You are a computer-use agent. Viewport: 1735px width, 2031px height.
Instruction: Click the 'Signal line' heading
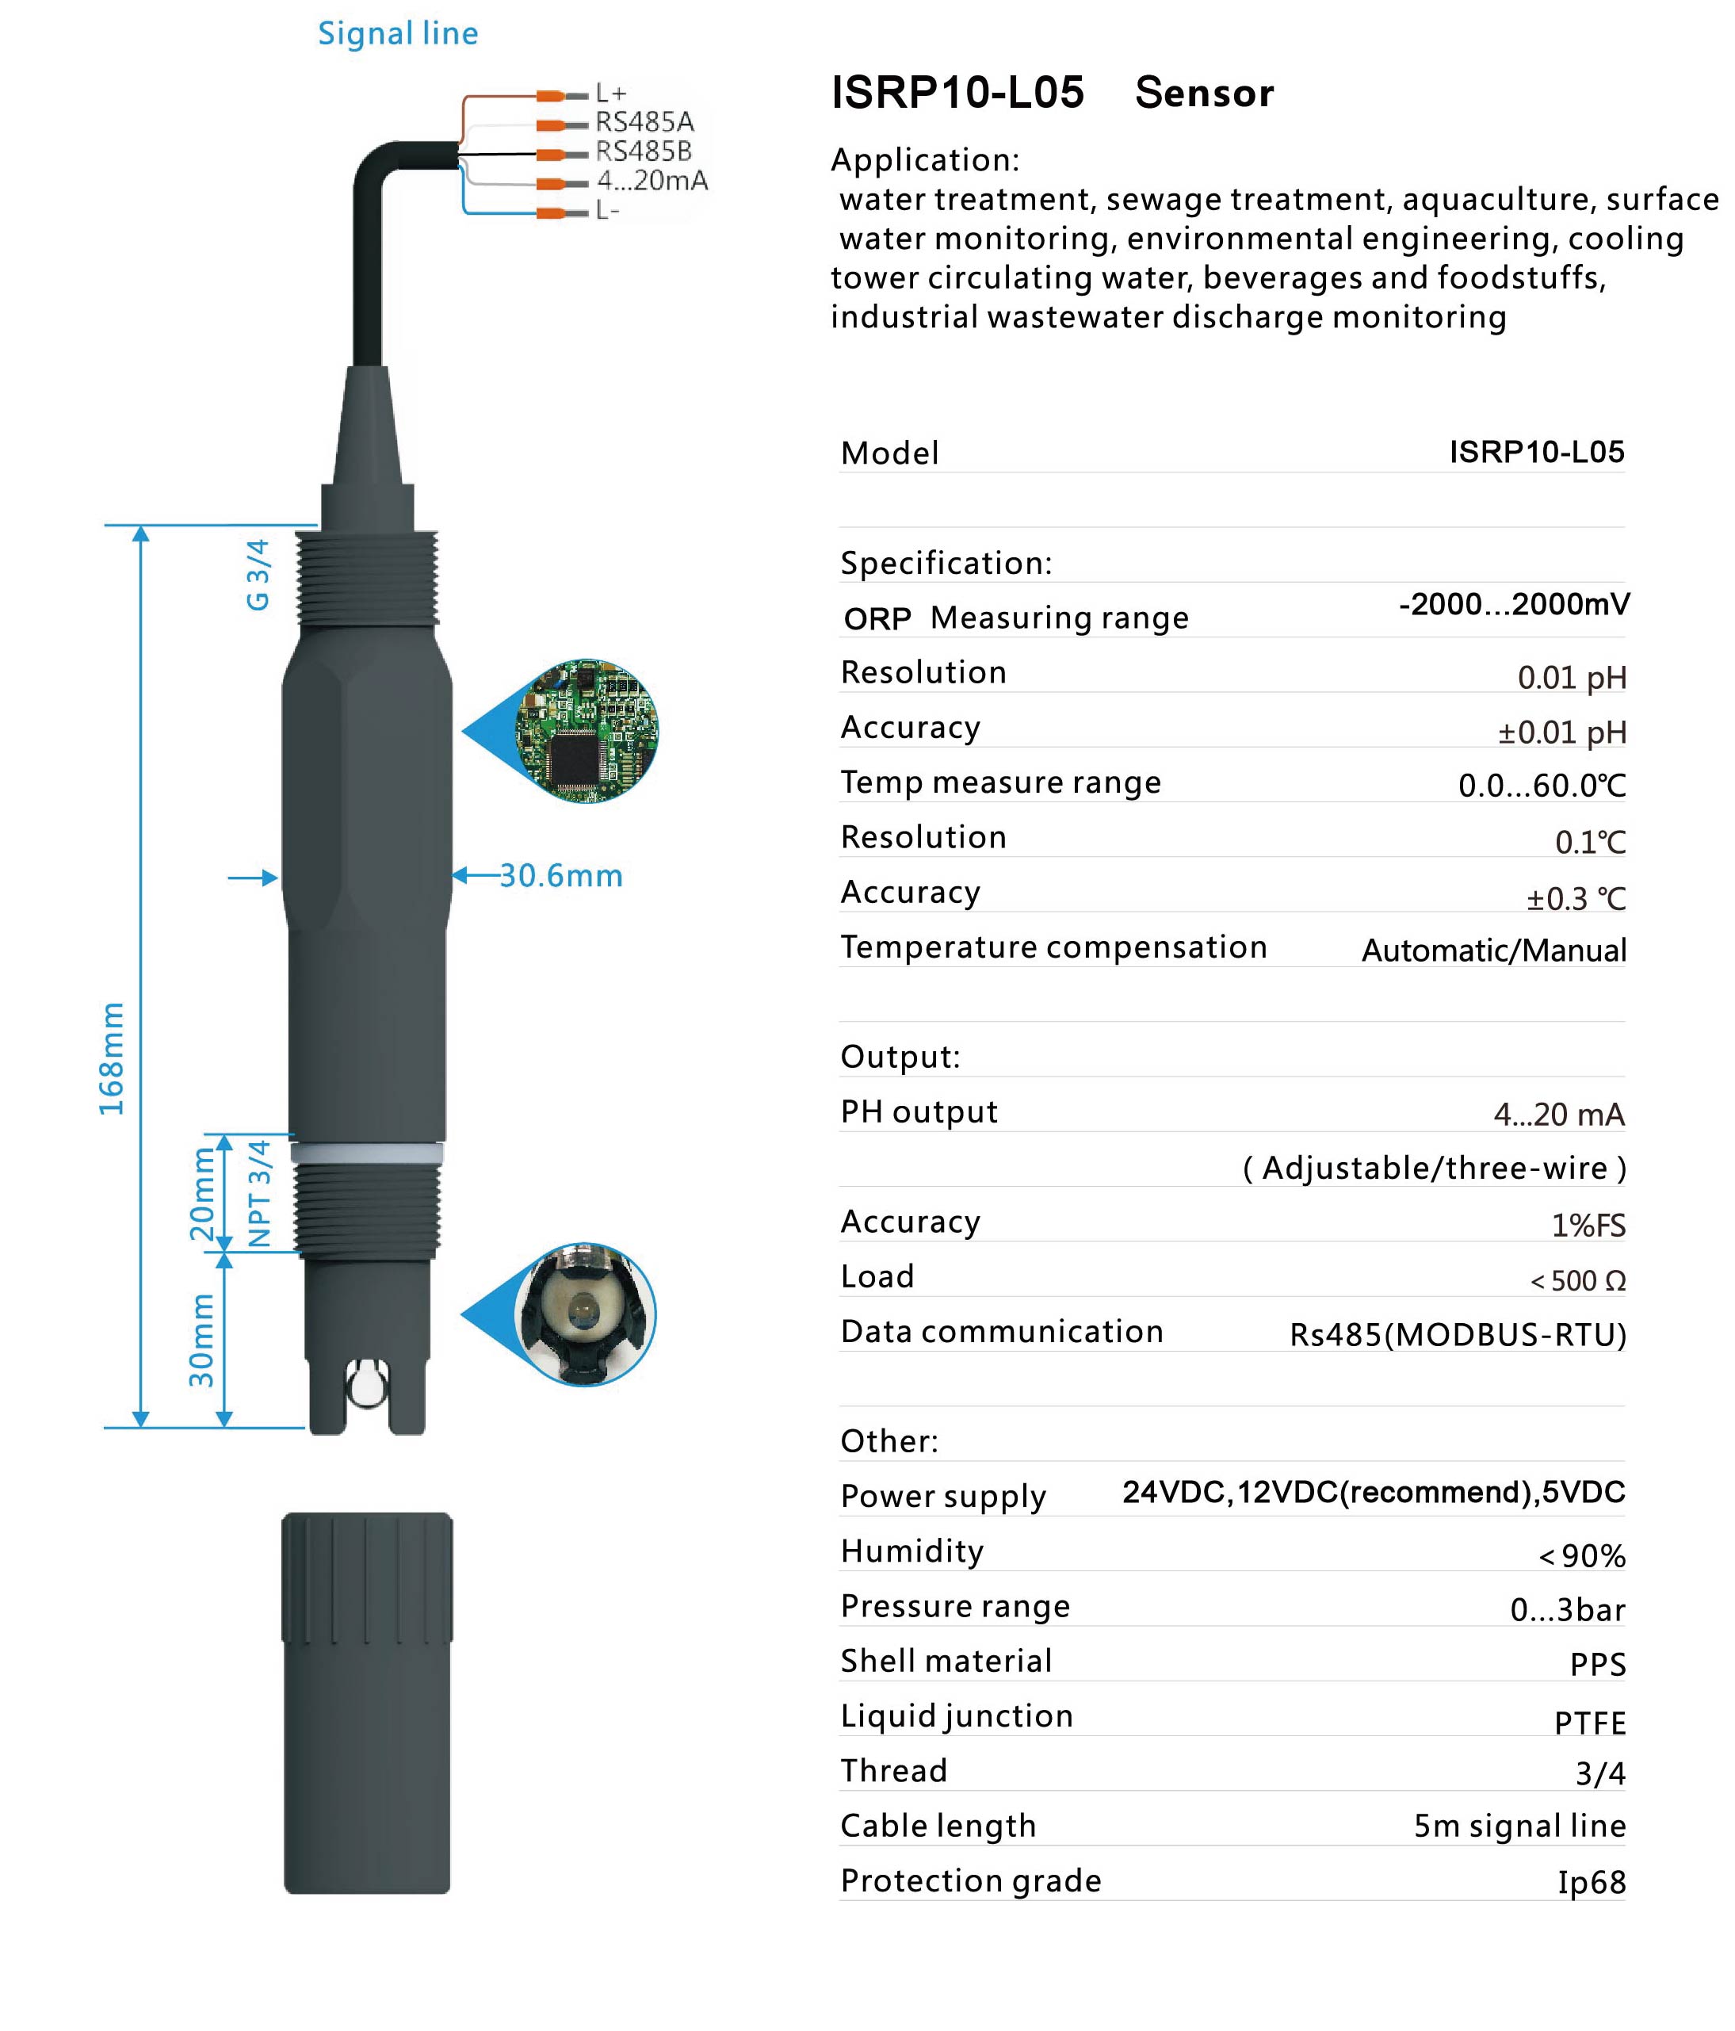click(397, 33)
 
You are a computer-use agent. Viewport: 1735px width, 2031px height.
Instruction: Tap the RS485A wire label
click(644, 121)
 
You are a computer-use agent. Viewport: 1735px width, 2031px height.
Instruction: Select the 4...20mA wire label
click(652, 181)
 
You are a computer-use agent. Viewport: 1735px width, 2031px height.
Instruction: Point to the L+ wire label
click(610, 93)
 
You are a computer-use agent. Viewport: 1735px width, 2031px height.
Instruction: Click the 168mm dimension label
click(112, 1058)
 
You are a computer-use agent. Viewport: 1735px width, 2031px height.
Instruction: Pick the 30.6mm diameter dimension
click(560, 875)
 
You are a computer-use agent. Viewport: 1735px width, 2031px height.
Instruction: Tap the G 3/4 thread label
click(257, 575)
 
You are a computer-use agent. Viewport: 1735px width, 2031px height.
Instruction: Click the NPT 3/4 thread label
click(258, 1193)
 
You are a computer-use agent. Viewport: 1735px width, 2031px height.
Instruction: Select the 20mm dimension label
click(202, 1194)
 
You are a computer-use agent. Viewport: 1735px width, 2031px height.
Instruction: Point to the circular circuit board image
click(587, 730)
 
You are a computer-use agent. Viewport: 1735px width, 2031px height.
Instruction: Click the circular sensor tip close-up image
click(585, 1314)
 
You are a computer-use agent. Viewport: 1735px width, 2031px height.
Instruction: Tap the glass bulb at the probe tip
click(365, 1382)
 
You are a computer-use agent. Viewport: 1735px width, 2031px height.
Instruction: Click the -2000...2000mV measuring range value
click(1514, 604)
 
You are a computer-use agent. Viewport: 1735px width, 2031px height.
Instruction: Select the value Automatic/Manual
click(1493, 950)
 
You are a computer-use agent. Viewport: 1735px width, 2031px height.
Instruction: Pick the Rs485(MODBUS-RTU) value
click(1457, 1334)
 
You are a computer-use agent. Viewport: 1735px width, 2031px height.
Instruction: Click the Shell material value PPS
click(1597, 1663)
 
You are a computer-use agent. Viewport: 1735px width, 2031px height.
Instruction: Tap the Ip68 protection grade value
click(1591, 1883)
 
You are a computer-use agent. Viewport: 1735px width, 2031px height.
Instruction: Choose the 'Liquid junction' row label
click(957, 1715)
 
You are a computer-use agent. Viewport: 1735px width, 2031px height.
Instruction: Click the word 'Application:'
click(924, 160)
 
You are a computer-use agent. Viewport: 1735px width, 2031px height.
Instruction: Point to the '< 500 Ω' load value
click(1577, 1280)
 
